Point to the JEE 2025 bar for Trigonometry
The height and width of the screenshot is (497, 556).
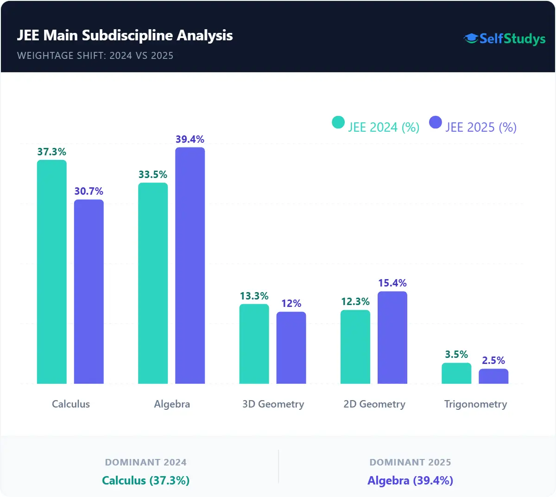(x=493, y=376)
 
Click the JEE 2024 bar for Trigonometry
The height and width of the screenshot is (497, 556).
(x=456, y=373)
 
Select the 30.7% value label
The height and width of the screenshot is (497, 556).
(x=89, y=191)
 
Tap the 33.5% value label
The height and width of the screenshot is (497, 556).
(x=153, y=174)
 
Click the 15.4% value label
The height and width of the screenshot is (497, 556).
(x=392, y=283)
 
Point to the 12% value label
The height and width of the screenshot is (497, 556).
(x=291, y=303)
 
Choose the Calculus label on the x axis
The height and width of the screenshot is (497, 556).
(x=71, y=404)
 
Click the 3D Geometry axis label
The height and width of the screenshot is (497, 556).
(x=273, y=404)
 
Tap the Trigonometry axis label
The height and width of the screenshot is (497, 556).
(x=475, y=404)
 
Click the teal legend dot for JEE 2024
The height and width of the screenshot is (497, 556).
(x=338, y=122)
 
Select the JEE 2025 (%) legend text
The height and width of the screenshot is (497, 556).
(x=481, y=127)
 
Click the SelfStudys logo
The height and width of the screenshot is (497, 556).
(x=505, y=38)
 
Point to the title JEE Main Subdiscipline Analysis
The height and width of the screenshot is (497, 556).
(x=125, y=35)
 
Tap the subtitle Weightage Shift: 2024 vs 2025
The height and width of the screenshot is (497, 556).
(x=95, y=56)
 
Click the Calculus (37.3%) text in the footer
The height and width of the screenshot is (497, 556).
(x=146, y=480)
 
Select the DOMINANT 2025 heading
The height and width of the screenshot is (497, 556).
(x=410, y=462)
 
